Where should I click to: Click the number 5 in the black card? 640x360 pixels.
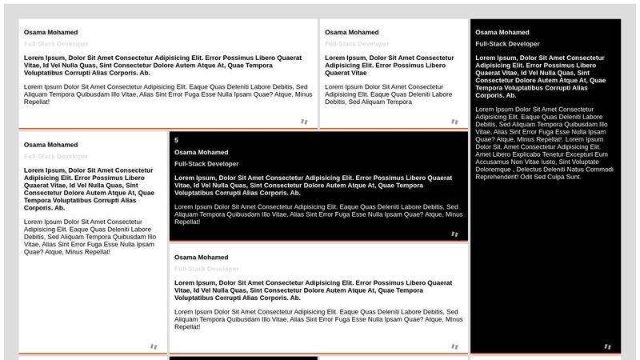[x=176, y=140]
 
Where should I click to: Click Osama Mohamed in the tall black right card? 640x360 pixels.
[x=502, y=32]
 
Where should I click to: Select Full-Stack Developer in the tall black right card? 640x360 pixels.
[x=507, y=44]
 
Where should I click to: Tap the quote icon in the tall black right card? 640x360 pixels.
[x=607, y=346]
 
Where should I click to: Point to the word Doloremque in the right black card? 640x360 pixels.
[x=495, y=169]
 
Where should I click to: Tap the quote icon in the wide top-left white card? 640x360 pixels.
[x=303, y=122]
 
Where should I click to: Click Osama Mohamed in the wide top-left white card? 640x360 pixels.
[x=50, y=32]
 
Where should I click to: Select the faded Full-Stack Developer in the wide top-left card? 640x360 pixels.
[x=56, y=44]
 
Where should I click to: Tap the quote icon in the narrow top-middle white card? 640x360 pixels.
[x=454, y=122]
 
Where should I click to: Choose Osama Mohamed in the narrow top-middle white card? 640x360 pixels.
[x=351, y=32]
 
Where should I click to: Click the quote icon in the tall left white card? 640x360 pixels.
[x=154, y=346]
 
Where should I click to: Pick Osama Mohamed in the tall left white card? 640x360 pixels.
[x=50, y=145]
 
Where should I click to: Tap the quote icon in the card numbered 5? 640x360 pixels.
[x=454, y=234]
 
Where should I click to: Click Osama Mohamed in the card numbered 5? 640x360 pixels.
[x=201, y=152]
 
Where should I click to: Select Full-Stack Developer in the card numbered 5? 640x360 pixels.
[x=206, y=164]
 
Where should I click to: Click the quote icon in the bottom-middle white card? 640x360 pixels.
[x=454, y=346]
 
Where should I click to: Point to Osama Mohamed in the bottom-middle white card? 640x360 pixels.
[x=201, y=257]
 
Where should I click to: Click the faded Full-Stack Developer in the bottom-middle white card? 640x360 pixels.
[x=206, y=269]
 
